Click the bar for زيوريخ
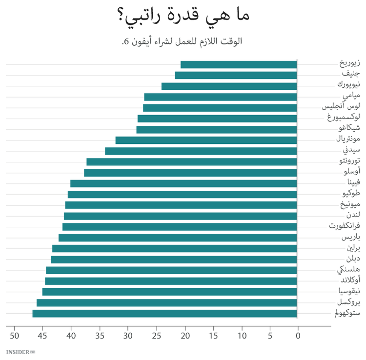click(239, 64)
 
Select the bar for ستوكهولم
click(165, 313)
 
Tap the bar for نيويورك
click(229, 86)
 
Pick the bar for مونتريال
click(206, 140)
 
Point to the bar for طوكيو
click(183, 194)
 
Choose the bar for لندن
click(181, 216)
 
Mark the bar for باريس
click(178, 238)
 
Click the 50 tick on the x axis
click(15, 336)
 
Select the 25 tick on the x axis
click(156, 336)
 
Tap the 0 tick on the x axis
click(298, 336)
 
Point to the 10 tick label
click(241, 336)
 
